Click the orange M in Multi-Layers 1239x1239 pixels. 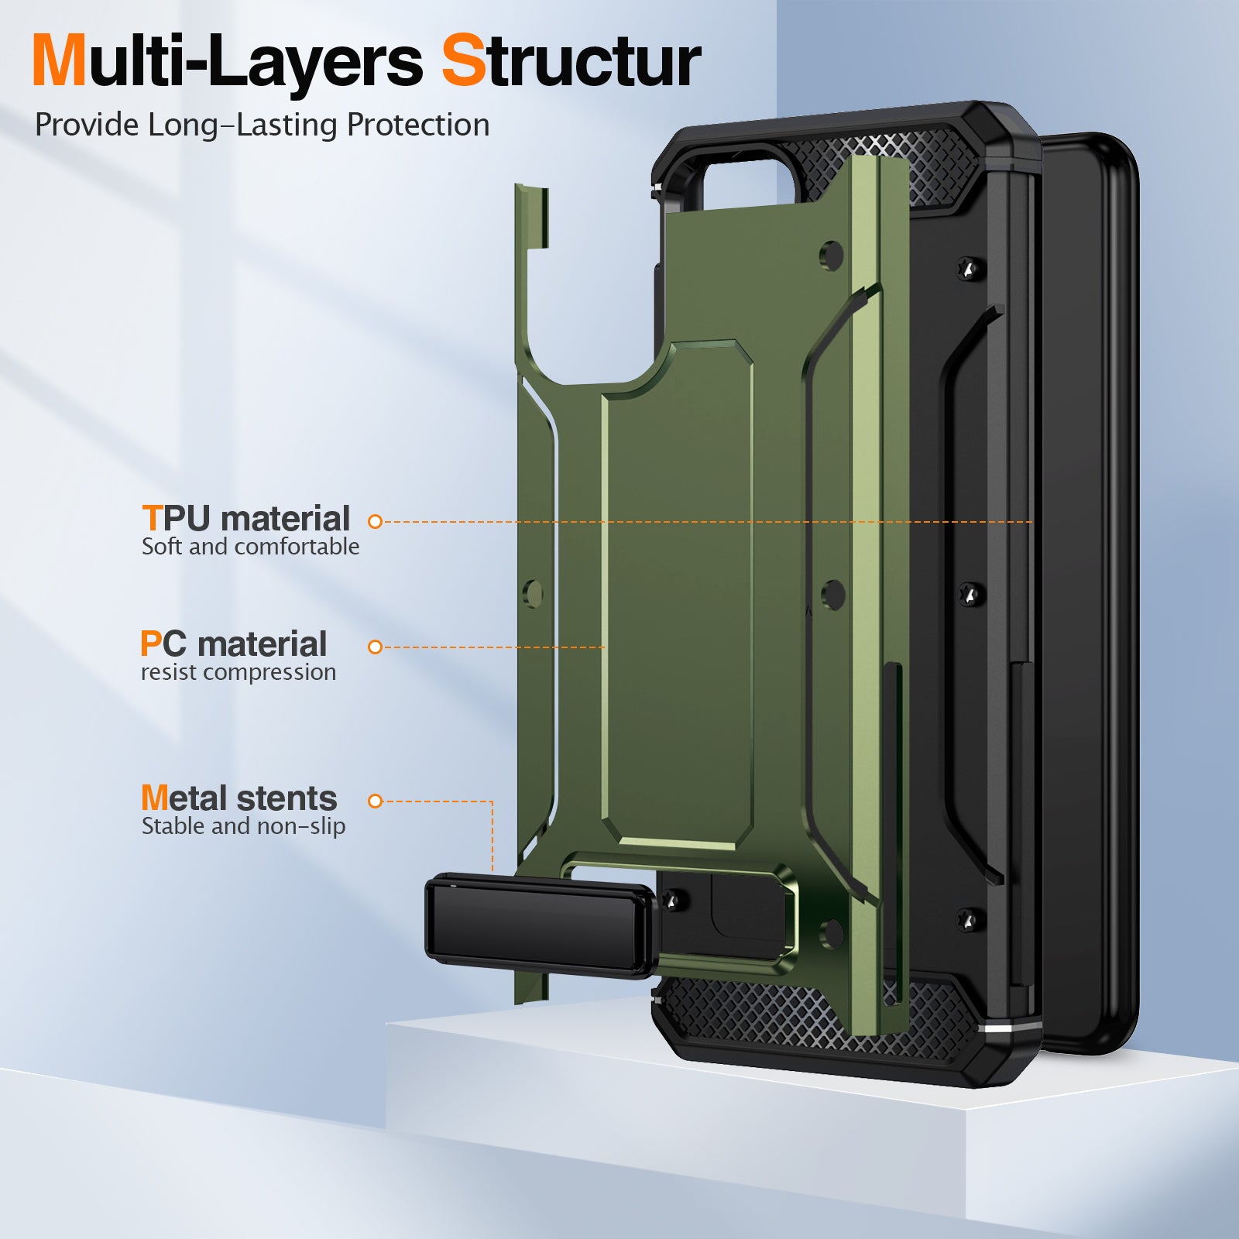(x=59, y=62)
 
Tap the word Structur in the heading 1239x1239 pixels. (x=571, y=62)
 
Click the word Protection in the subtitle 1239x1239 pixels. (x=418, y=125)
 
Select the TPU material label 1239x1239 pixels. (x=246, y=519)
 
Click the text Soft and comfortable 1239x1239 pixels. (x=250, y=547)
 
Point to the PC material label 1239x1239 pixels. (x=234, y=644)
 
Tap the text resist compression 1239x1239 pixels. (x=239, y=672)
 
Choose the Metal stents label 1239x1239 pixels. (x=239, y=798)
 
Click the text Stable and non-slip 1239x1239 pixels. (x=243, y=826)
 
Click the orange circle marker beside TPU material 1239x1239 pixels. (x=376, y=522)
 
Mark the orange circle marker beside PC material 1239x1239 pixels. (x=376, y=647)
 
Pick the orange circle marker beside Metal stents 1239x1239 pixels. (x=376, y=801)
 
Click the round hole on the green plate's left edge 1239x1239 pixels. (x=533, y=593)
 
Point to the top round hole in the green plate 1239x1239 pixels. (x=832, y=256)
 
